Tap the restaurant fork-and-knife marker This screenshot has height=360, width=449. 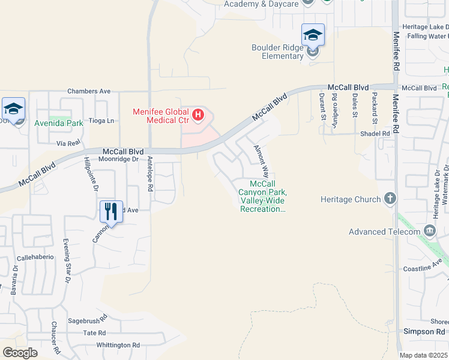pos(111,211)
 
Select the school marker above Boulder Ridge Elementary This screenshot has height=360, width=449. pos(313,35)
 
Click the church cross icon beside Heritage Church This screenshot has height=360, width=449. pos(390,199)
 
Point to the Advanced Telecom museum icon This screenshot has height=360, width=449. pos(429,231)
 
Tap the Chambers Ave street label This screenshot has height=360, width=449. pos(89,91)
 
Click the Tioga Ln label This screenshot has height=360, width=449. pos(101,121)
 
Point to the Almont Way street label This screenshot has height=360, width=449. pos(261,159)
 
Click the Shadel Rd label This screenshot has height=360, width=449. pos(375,133)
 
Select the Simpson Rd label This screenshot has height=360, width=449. pos(424,331)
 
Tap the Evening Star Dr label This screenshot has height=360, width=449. pos(67,261)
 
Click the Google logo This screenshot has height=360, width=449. pos(20,353)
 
